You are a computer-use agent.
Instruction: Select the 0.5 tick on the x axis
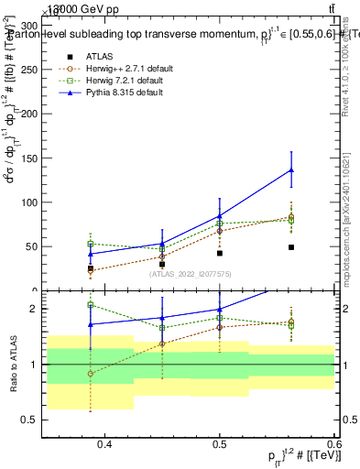(x=220, y=444)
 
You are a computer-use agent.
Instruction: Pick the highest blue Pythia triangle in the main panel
(x=290, y=169)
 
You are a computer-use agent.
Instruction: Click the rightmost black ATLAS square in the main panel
(x=290, y=247)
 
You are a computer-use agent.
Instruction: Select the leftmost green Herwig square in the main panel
(x=90, y=244)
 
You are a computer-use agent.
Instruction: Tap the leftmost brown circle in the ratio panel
(x=90, y=374)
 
